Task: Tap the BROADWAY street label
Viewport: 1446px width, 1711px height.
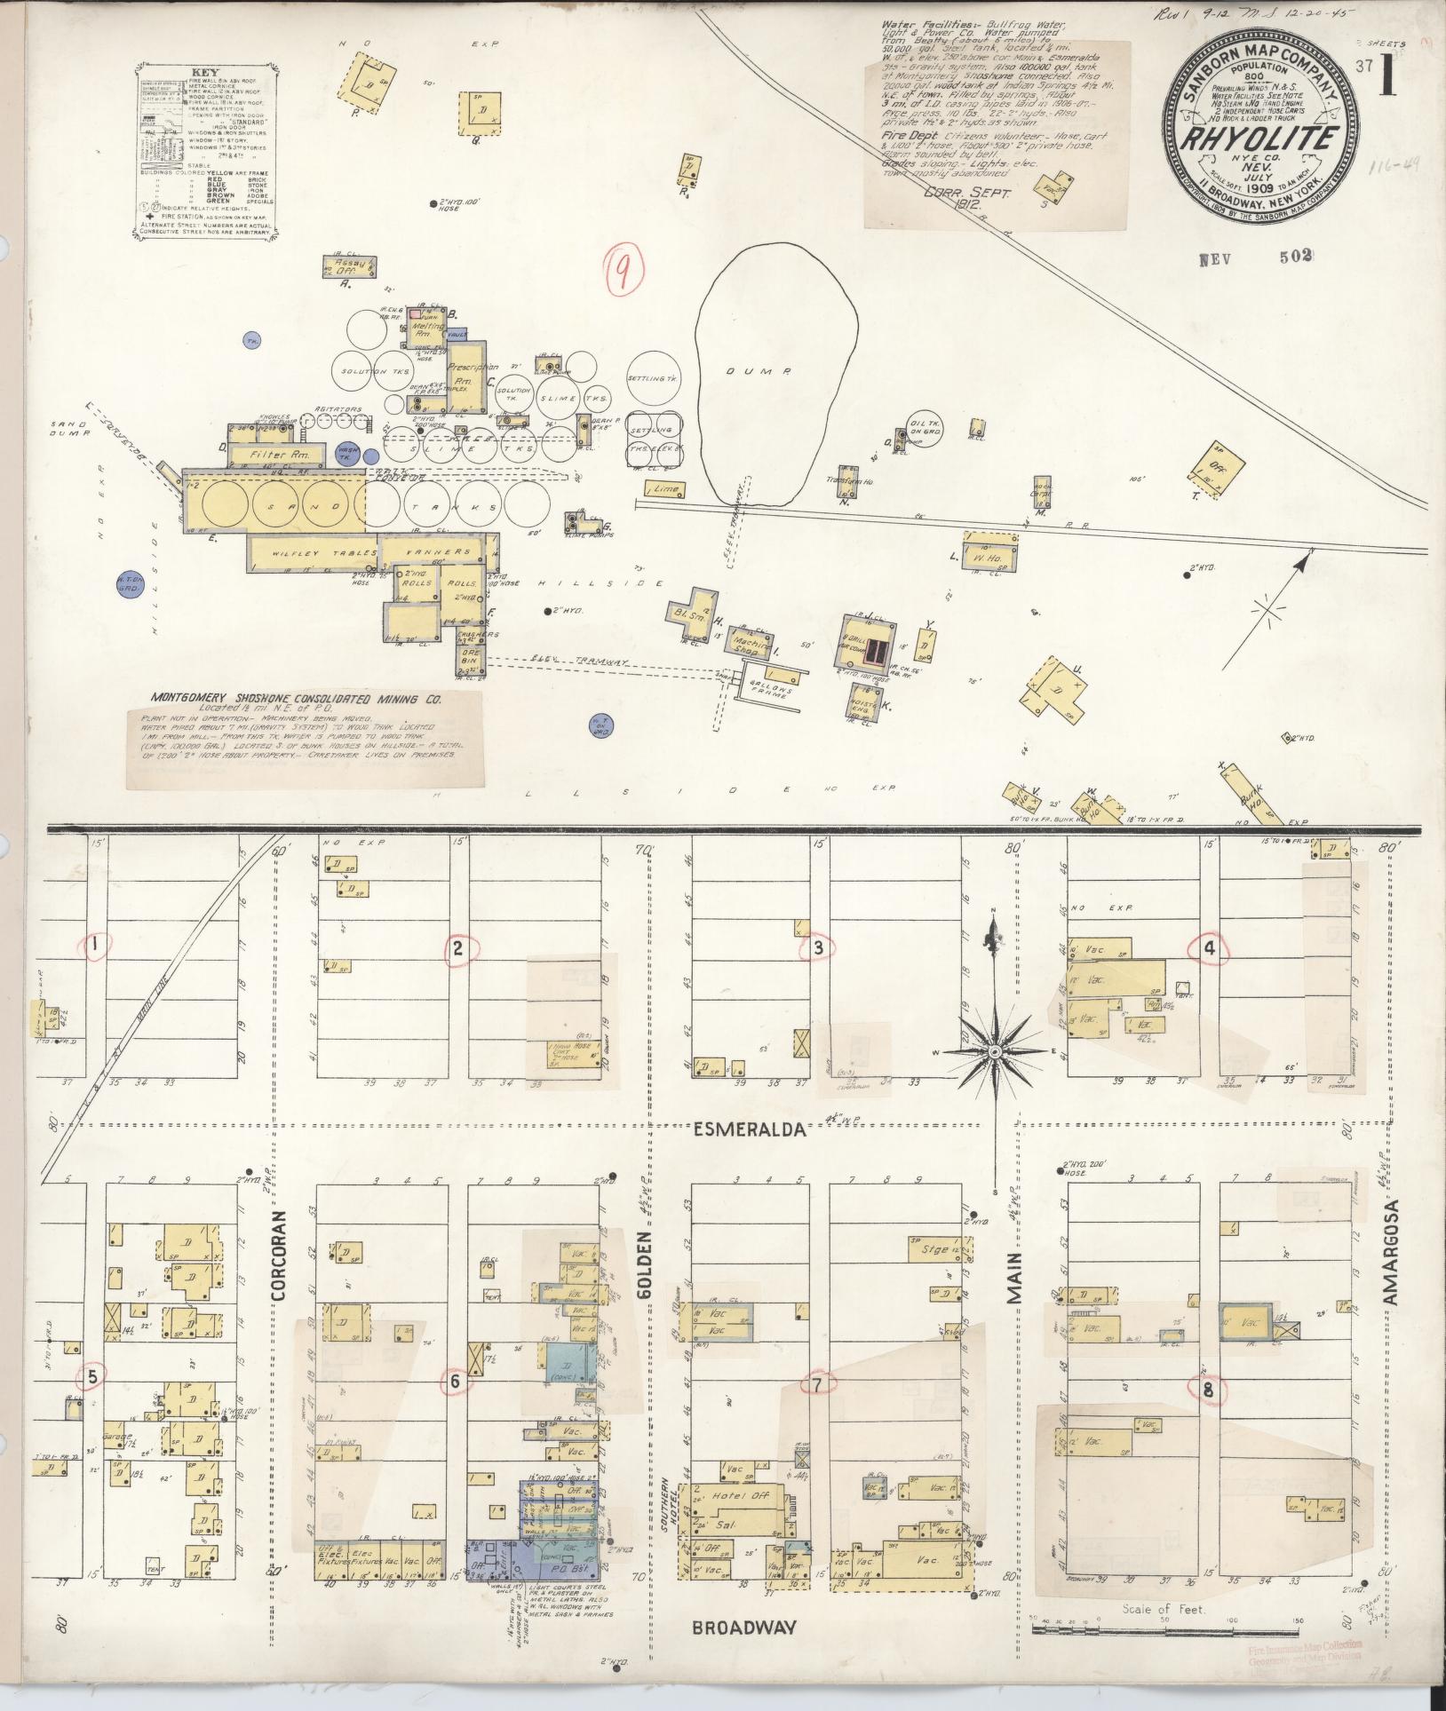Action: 743,1627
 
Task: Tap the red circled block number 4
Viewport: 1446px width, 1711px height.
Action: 1209,949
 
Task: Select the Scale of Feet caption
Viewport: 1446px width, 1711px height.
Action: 1164,1607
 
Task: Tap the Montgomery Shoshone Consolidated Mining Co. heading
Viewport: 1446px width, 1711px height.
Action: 296,699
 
